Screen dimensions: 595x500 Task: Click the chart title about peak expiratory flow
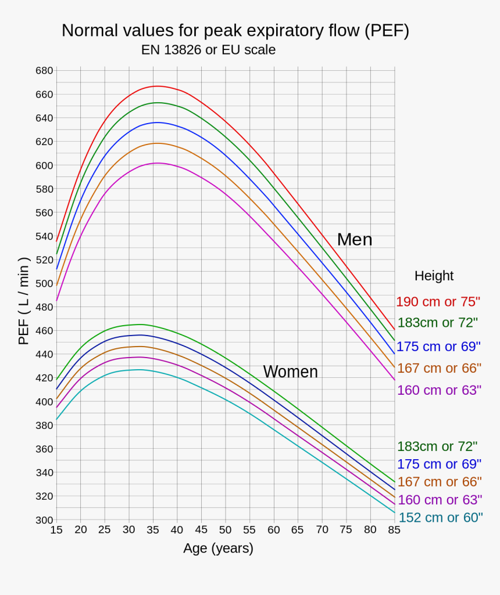[x=235, y=31]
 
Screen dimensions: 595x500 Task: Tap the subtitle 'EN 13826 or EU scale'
[x=208, y=50]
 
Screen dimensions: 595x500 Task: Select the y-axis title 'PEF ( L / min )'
[x=24, y=301]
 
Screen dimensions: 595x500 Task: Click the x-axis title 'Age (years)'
[x=218, y=548]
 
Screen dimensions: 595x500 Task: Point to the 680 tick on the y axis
[x=44, y=71]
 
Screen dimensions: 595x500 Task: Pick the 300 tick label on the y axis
[x=44, y=520]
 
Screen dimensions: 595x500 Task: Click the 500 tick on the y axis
[x=44, y=283]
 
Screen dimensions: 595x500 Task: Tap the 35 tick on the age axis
[x=153, y=529]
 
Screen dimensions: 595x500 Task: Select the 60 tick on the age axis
[x=273, y=529]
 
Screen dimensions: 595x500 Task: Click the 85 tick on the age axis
[x=394, y=529]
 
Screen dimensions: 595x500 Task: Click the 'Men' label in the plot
[x=355, y=239]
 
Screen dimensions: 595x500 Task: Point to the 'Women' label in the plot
[x=290, y=372]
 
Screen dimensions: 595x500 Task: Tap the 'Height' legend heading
[x=434, y=276]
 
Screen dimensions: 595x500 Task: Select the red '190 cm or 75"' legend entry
[x=438, y=302]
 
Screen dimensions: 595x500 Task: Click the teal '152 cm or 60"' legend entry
[x=440, y=517]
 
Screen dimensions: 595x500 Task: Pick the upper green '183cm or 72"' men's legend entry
[x=438, y=323]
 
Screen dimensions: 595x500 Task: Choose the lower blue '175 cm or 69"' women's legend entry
[x=439, y=464]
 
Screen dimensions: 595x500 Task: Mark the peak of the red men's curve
[x=156, y=86]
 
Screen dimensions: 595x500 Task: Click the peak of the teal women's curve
[x=138, y=369]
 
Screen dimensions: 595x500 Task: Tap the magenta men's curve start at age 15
[x=56, y=300]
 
